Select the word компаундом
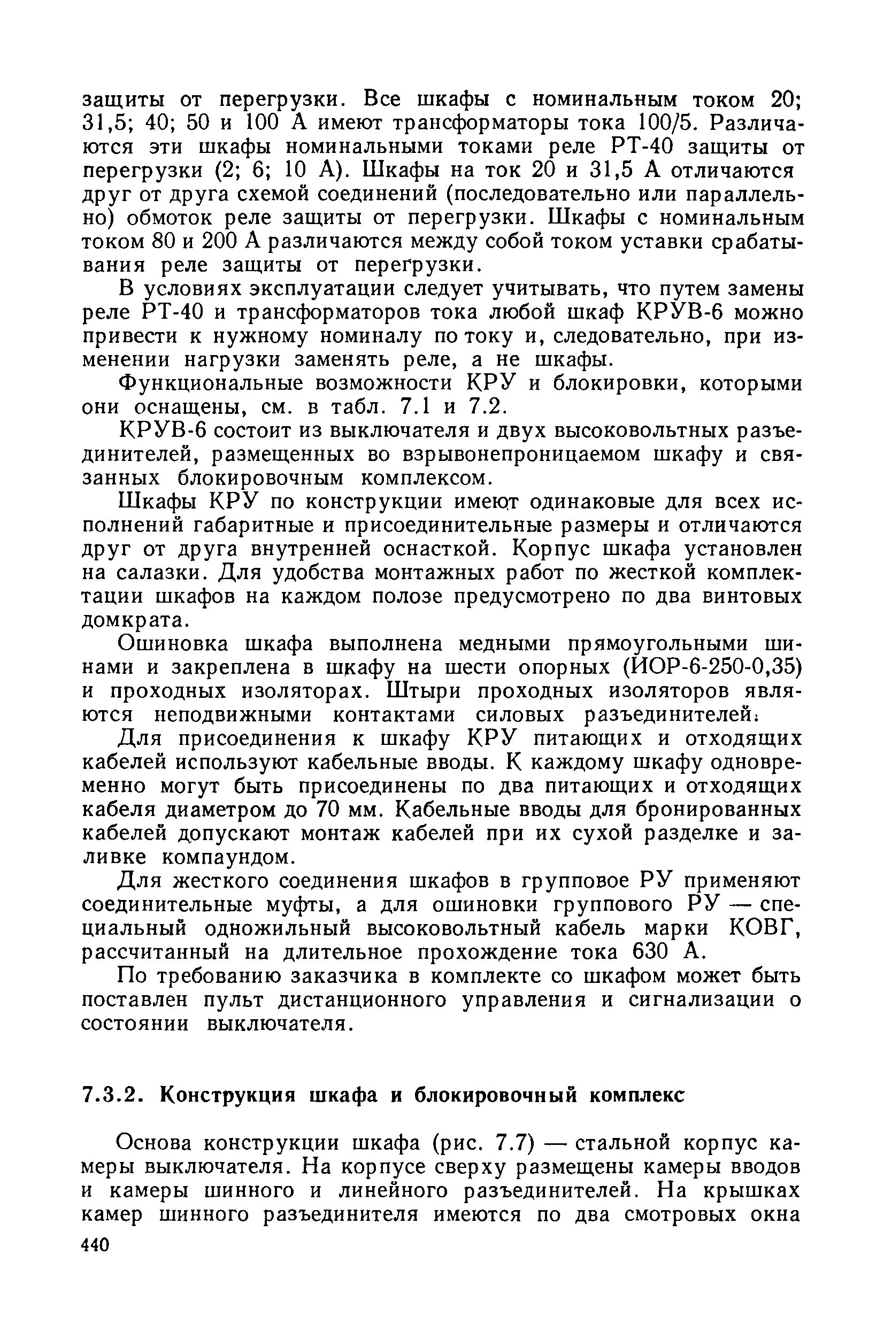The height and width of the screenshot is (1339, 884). coord(228,857)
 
